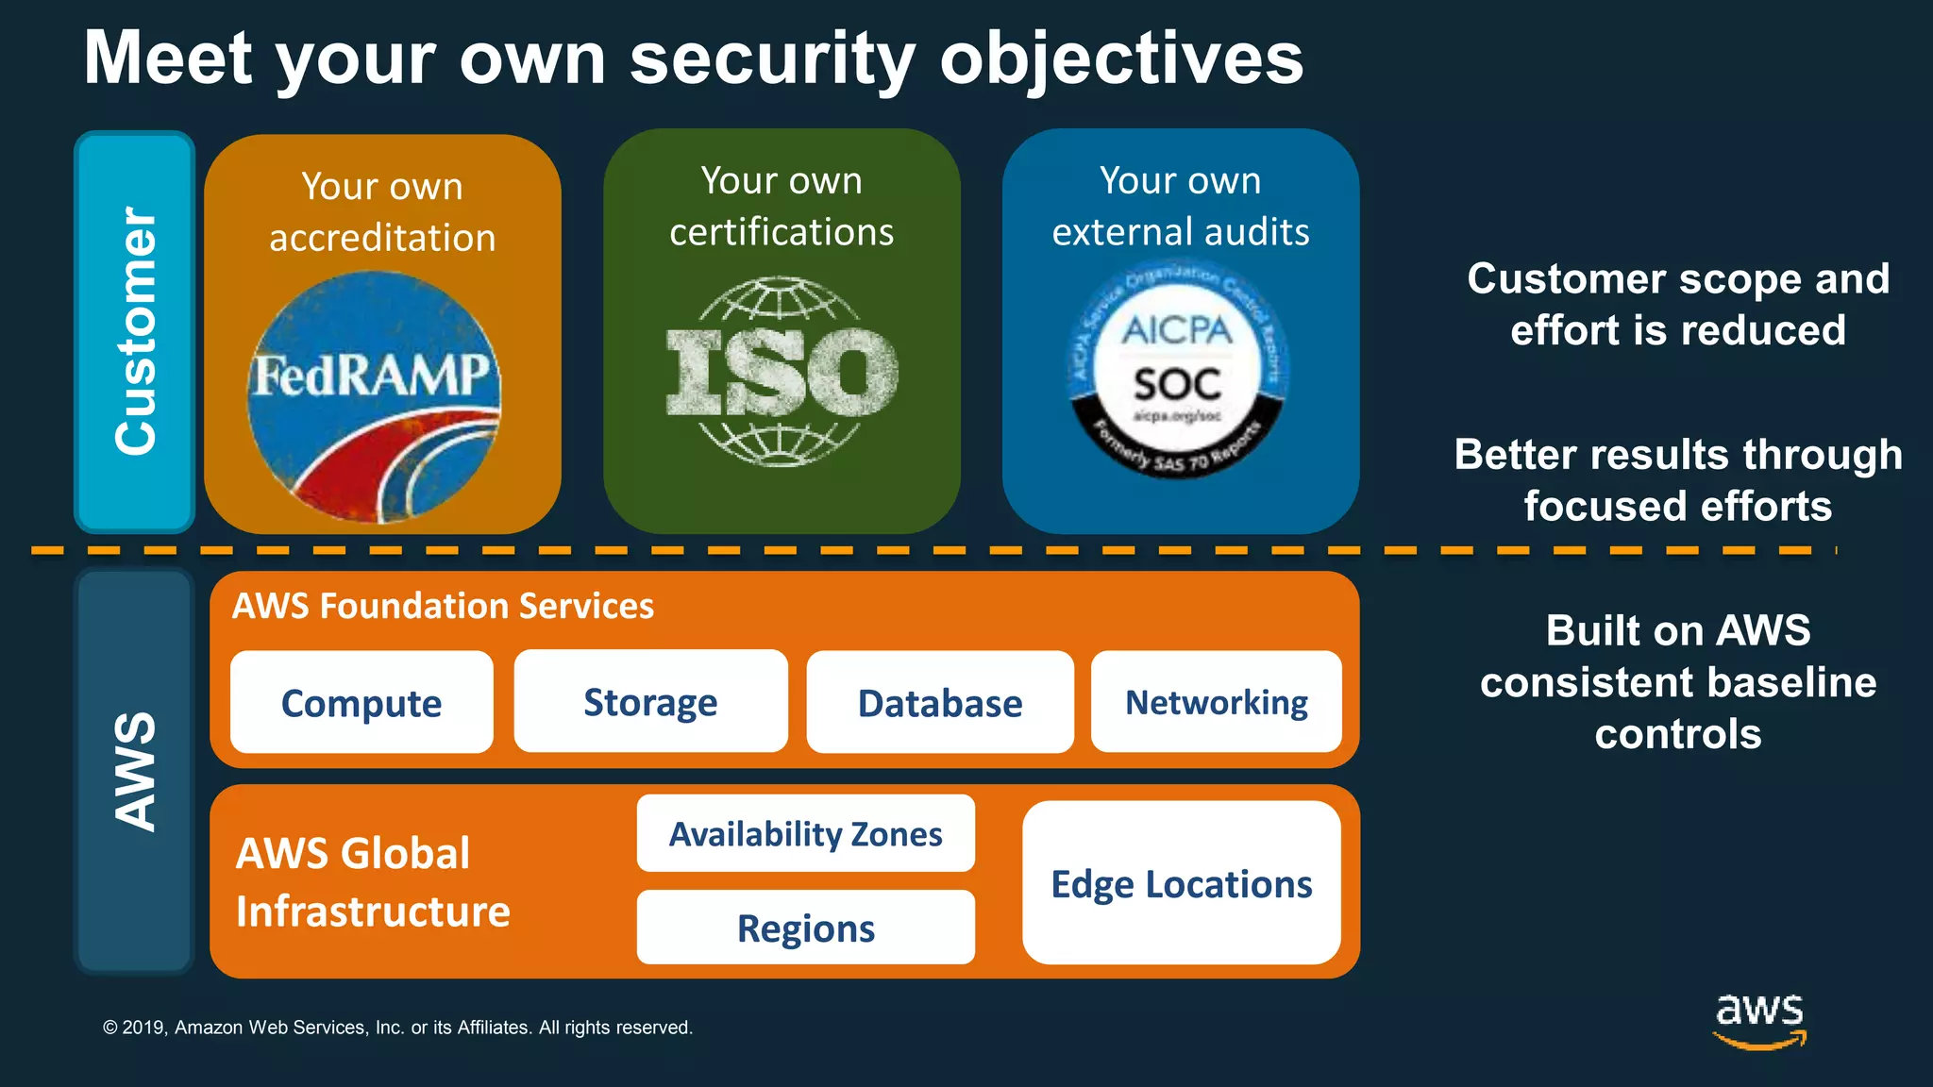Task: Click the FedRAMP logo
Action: click(x=374, y=396)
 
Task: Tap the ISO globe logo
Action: click(x=782, y=372)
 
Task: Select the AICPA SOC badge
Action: click(x=1178, y=370)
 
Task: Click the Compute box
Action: click(x=361, y=703)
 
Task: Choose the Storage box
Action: click(x=650, y=702)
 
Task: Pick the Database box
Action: click(x=940, y=703)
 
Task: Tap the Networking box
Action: click(x=1216, y=702)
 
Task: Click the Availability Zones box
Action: click(x=805, y=834)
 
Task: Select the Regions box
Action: click(x=805, y=928)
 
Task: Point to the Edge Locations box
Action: click(x=1181, y=884)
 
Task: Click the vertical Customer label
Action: click(x=135, y=331)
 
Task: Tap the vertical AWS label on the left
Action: click(x=135, y=771)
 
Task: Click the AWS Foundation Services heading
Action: click(x=443, y=606)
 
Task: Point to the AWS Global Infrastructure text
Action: click(x=372, y=882)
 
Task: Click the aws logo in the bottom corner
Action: click(x=1759, y=1019)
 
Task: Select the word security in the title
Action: click(x=772, y=59)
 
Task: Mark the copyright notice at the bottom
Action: click(x=397, y=1028)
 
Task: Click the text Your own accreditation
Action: click(x=382, y=212)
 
